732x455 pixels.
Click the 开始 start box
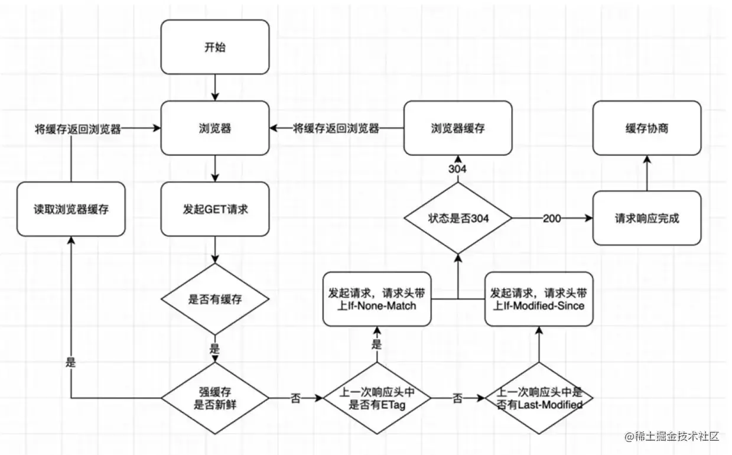[x=214, y=47]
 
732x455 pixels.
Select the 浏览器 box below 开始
[x=214, y=128]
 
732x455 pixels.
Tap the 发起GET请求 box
[x=214, y=209]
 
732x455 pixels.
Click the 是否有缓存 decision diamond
[x=214, y=299]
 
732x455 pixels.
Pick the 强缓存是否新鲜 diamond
[x=214, y=398]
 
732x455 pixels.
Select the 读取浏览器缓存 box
[x=71, y=209]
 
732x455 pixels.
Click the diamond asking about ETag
[x=377, y=398]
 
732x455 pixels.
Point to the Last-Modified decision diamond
[x=539, y=398]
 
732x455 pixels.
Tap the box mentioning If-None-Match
[x=377, y=299]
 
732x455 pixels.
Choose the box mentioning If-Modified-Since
[x=539, y=299]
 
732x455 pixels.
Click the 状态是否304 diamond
[x=458, y=218]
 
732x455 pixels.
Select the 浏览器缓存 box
[x=458, y=128]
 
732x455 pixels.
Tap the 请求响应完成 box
[x=647, y=218]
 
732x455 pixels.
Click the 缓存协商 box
[x=647, y=128]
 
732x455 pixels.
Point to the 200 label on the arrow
[x=552, y=219]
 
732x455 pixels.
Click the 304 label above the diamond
[x=457, y=169]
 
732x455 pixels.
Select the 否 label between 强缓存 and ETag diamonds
[x=295, y=398]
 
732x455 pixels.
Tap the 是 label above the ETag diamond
[x=376, y=344]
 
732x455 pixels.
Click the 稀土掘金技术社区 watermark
[x=672, y=436]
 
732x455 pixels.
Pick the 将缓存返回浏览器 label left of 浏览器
[x=78, y=129]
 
